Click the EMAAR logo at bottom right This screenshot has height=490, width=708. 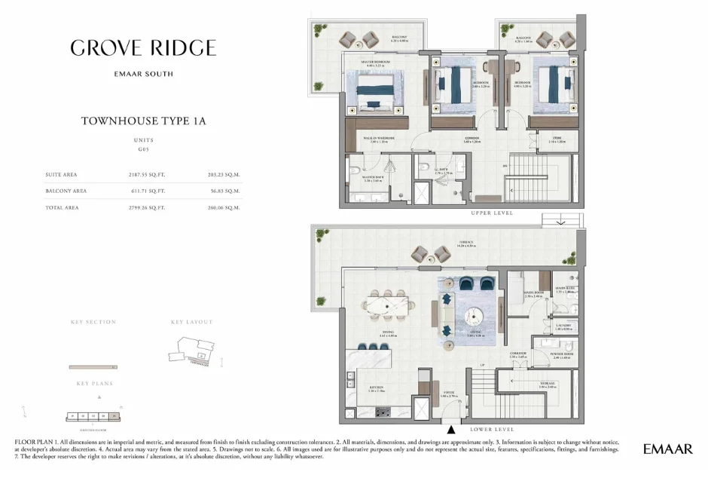667,449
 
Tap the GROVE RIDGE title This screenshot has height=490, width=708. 143,48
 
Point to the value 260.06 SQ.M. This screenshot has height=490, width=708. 224,207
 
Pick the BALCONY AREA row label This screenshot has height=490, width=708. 66,191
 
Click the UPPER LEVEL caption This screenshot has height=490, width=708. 492,213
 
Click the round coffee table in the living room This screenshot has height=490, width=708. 475,314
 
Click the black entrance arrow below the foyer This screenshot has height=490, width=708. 450,429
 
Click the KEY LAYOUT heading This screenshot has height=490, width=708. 192,322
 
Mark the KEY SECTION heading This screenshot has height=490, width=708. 93,322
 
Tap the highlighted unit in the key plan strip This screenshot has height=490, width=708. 114,415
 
